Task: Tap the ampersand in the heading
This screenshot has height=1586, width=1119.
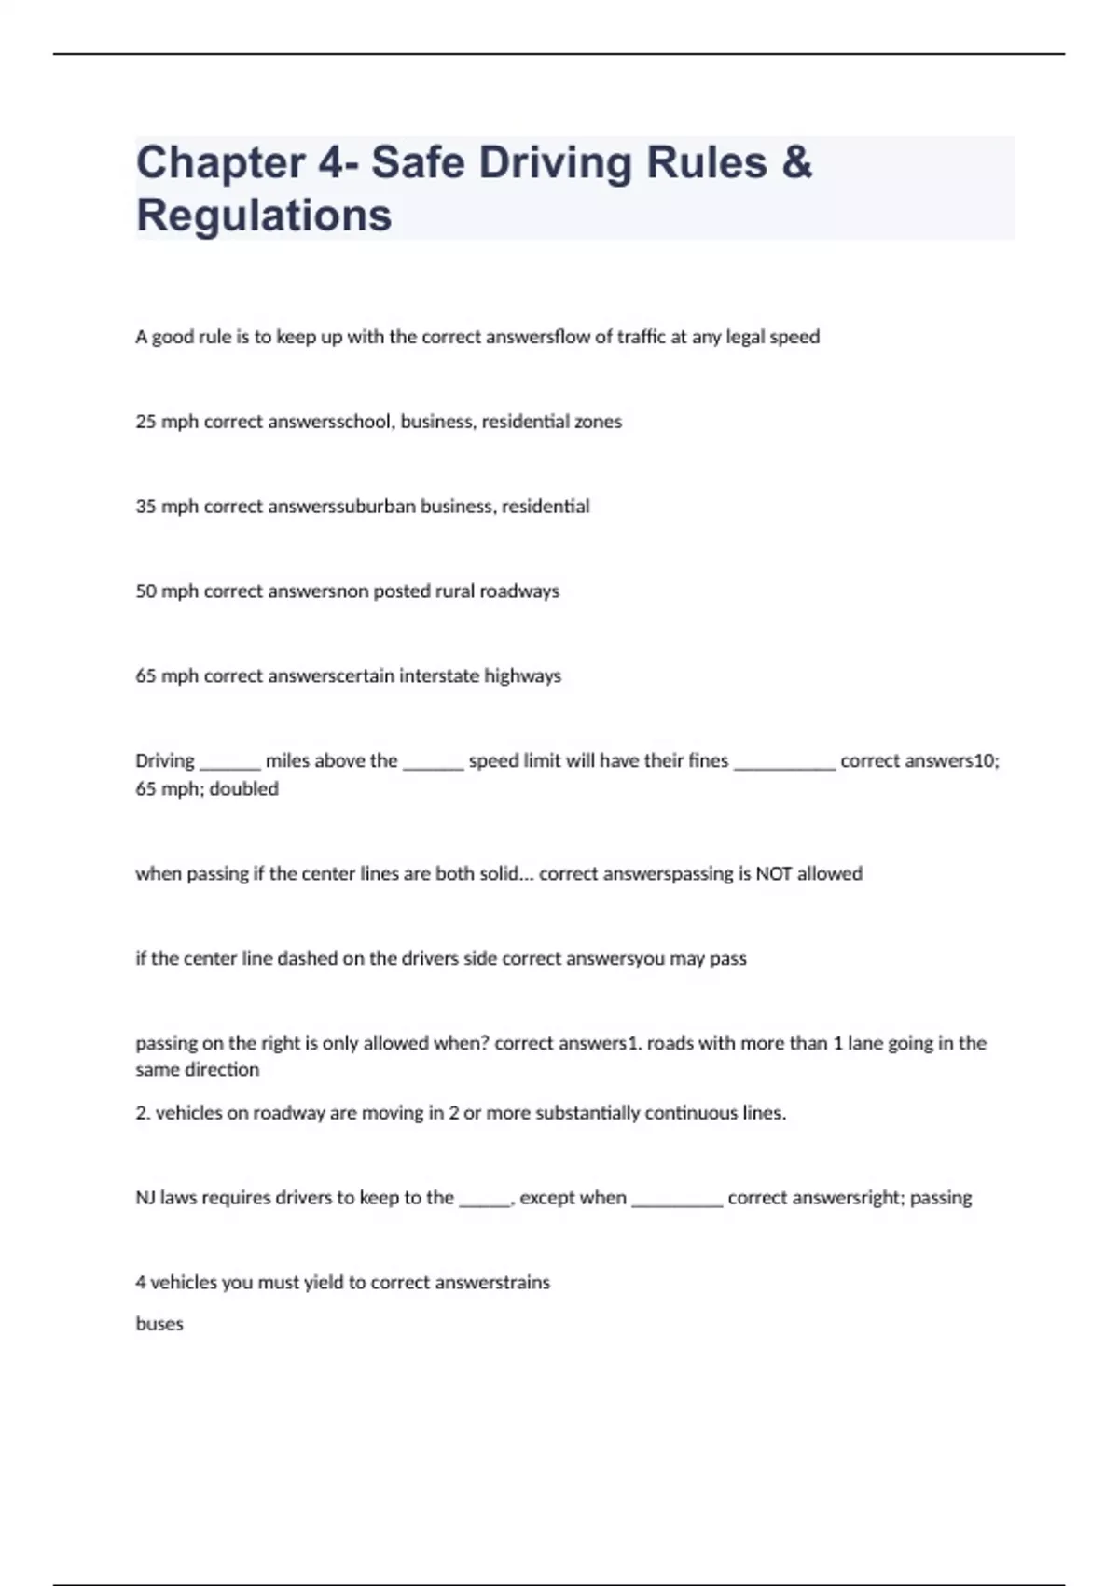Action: coord(796,163)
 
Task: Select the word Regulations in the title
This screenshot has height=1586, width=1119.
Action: coord(264,216)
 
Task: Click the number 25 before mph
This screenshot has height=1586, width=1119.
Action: coord(145,422)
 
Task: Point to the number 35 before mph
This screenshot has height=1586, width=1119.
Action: coord(145,507)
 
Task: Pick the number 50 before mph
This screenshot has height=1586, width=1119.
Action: coord(145,591)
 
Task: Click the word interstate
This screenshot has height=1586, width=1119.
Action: coord(438,676)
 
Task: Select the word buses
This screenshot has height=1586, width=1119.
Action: coord(159,1324)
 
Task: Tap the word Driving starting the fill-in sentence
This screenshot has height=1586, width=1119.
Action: coord(165,761)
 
